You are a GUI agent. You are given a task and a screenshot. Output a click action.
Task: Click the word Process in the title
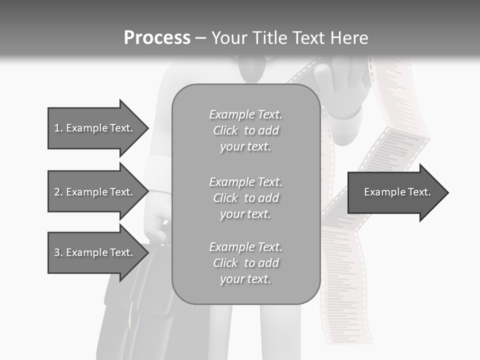[157, 38]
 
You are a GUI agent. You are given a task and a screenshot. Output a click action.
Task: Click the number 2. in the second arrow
[58, 192]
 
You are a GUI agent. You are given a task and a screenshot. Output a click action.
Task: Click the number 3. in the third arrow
[58, 252]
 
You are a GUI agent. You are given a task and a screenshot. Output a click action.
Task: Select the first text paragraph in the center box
[245, 130]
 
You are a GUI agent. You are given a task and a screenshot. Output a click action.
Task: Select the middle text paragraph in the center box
[245, 198]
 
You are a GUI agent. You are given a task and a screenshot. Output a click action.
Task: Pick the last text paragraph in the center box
[245, 263]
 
